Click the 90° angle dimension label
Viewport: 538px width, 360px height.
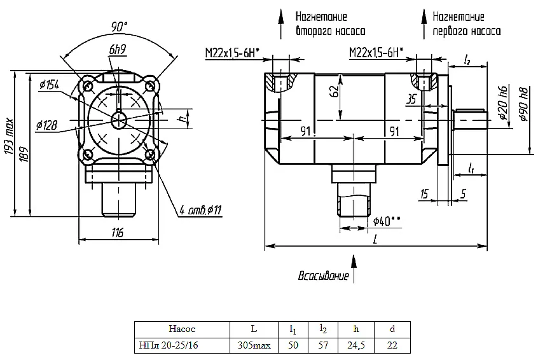[119, 27]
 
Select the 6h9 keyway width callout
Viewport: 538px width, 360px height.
[118, 50]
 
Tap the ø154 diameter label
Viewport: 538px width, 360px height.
[49, 85]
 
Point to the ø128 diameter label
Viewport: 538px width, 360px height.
[46, 125]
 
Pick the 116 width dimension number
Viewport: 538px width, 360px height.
[118, 233]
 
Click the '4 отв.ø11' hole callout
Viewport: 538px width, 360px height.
[201, 210]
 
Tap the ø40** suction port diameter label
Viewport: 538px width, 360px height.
[387, 221]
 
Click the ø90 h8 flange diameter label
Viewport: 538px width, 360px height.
[524, 104]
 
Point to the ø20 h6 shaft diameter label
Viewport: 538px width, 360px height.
[504, 102]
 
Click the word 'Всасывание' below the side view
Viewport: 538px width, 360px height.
[323, 276]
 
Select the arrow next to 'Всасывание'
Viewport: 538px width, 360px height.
[354, 268]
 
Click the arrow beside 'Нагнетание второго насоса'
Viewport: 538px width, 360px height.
[280, 24]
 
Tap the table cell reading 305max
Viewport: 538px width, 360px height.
[254, 345]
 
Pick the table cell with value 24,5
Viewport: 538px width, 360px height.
[356, 345]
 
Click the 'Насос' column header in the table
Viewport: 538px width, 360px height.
[182, 329]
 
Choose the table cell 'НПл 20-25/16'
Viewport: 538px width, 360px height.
[169, 345]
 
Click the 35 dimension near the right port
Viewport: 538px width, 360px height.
[411, 99]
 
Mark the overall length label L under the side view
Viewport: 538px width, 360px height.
[375, 239]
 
